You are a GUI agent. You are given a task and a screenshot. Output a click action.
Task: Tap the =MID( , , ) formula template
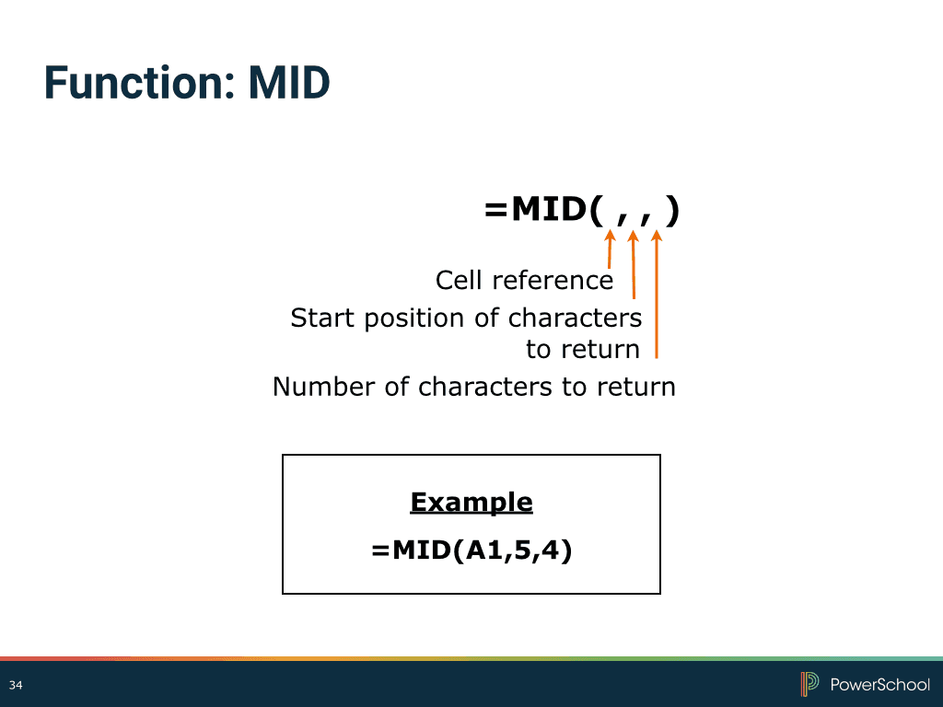582,211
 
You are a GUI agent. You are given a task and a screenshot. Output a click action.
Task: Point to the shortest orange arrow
610,249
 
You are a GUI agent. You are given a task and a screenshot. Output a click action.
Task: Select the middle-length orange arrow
634,264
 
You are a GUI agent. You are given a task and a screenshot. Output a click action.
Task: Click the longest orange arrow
656,295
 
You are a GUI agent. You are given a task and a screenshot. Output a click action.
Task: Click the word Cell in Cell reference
459,280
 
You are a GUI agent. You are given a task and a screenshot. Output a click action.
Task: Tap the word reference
553,281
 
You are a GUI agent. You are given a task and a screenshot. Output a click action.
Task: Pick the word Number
323,387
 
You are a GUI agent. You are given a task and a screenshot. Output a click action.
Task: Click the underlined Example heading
471,503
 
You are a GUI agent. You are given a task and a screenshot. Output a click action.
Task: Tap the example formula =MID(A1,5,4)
471,551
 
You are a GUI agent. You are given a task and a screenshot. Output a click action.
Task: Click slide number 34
16,685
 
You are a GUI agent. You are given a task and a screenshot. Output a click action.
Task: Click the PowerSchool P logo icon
809,684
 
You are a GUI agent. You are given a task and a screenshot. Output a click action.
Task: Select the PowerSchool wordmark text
879,684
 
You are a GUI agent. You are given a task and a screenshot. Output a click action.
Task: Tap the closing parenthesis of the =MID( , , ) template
673,211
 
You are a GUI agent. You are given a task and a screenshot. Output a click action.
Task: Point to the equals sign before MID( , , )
495,211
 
